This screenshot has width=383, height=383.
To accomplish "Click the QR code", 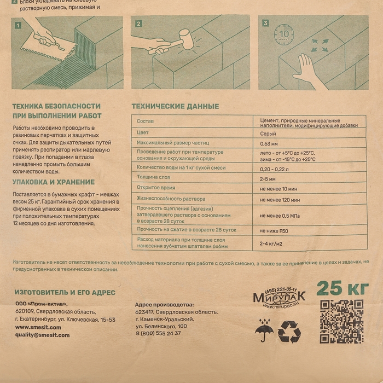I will [x=341, y=321].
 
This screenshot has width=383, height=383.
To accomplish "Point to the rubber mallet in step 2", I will [x=185, y=39].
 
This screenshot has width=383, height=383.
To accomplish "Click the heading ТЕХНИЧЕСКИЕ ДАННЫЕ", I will [x=175, y=106].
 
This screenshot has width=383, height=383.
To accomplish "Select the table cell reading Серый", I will [x=268, y=133].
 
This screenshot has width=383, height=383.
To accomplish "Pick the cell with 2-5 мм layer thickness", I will [x=268, y=178].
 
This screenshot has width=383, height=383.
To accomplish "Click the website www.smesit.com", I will [x=38, y=327].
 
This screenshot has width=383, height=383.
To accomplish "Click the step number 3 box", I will [x=266, y=24].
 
